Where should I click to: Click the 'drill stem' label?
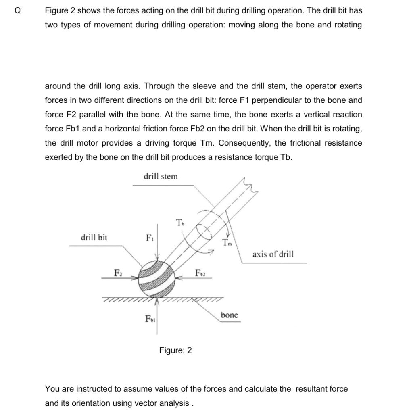160,177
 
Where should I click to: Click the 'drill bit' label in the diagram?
94,237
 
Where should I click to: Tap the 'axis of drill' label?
273,254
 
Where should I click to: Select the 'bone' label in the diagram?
230,315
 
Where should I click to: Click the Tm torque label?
227,242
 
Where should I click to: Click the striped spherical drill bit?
157,279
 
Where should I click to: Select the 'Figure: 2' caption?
175,350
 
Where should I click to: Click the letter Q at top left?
17,11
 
